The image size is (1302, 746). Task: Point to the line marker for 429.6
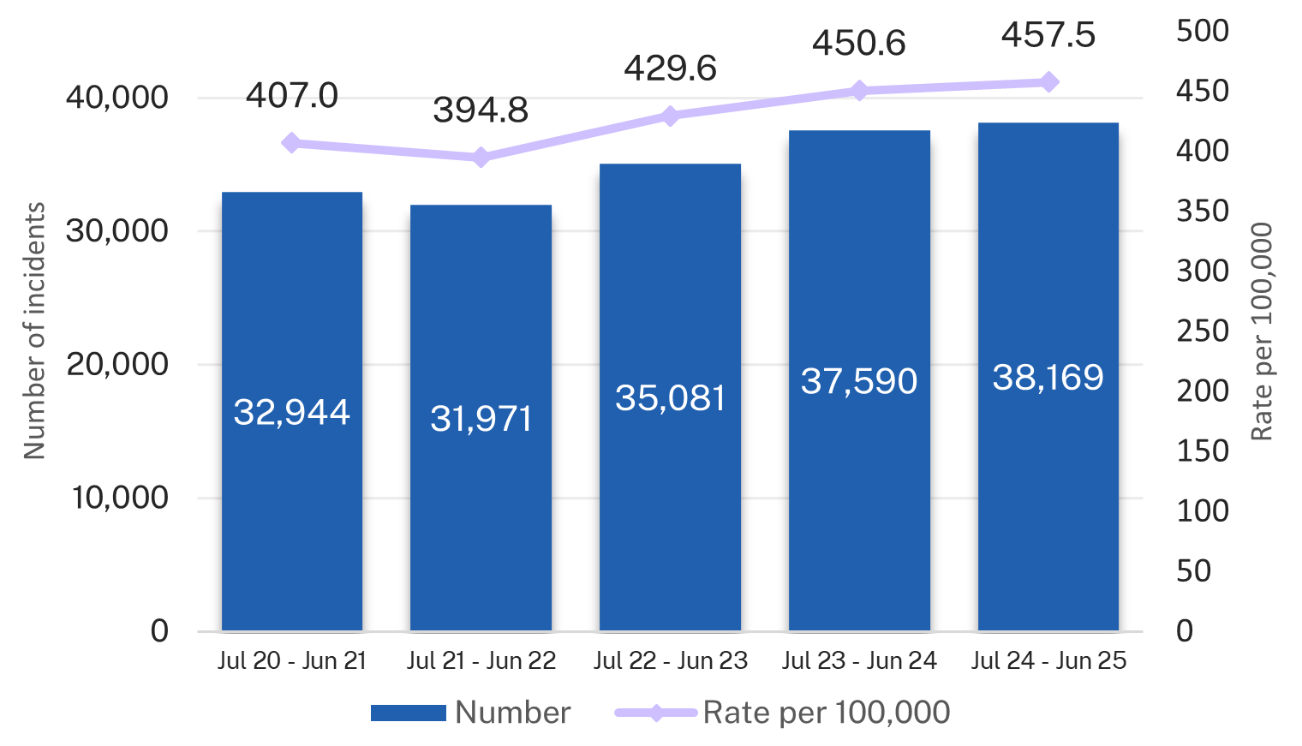click(x=670, y=116)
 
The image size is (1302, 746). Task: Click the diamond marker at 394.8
click(x=481, y=158)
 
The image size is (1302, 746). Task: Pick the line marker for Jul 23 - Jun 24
click(x=859, y=91)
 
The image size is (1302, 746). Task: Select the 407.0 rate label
click(x=292, y=95)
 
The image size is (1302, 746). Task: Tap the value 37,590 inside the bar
click(x=859, y=381)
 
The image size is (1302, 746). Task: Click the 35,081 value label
click(x=670, y=398)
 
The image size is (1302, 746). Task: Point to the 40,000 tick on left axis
click(x=117, y=98)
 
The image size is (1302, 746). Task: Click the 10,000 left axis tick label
click(x=120, y=498)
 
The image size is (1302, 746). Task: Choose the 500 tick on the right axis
click(x=1203, y=31)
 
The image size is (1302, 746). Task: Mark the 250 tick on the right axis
click(x=1203, y=331)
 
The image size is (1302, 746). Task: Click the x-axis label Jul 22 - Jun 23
click(x=670, y=660)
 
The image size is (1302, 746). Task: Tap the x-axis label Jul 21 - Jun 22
click(x=481, y=660)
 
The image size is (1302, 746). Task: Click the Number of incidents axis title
click(x=34, y=331)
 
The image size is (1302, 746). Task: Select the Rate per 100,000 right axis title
click(x=1262, y=331)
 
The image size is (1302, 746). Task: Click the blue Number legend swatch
click(x=409, y=713)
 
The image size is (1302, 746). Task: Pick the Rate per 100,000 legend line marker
click(x=656, y=713)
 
